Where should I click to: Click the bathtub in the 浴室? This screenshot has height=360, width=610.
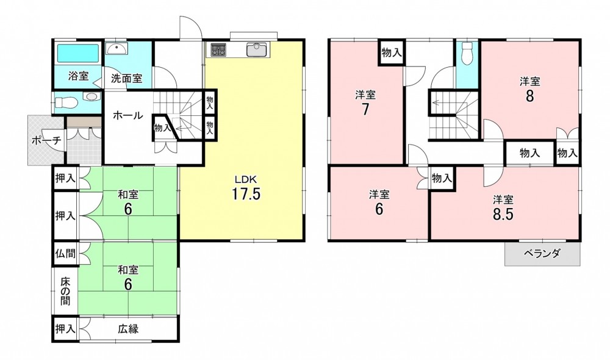(78, 53)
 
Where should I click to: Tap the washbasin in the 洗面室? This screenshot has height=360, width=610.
(117, 49)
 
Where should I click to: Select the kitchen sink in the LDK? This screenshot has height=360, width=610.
(256, 49)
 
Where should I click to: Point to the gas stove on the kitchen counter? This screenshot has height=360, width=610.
(218, 49)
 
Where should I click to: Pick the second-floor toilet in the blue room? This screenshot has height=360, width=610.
(467, 53)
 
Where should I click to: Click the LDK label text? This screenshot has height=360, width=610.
(245, 179)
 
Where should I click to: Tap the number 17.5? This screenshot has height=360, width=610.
(246, 193)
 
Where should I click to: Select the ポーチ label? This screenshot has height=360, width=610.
(46, 140)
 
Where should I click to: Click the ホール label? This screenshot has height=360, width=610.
(127, 115)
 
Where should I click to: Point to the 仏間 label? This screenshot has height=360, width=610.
(65, 254)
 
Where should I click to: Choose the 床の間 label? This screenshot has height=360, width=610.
(65, 290)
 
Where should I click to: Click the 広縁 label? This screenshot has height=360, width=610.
(128, 329)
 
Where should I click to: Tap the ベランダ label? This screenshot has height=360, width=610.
(542, 254)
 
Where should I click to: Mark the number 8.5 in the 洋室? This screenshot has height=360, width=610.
(503, 214)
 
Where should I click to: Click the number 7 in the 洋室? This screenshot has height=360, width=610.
(365, 109)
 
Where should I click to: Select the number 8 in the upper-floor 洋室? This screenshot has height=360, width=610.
(529, 96)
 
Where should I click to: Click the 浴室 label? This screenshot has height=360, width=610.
(78, 76)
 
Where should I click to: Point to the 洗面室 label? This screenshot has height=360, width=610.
(126, 78)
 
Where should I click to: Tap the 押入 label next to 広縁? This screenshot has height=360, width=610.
(65, 329)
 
